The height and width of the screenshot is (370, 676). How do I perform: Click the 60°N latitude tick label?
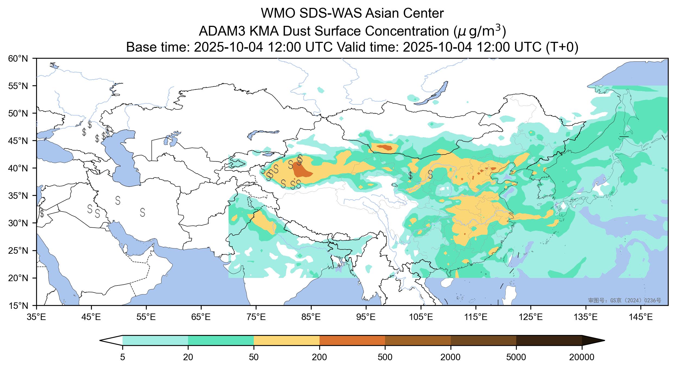tap(20, 58)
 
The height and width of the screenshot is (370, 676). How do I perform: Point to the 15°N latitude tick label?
tap(20, 306)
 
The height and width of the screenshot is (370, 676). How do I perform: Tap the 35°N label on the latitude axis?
tap(20, 196)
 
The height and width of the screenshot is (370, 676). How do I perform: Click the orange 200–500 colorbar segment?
tap(352, 340)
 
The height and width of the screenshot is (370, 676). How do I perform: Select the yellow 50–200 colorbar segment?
tap(286, 340)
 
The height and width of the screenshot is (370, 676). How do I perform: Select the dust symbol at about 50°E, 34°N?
tap(118, 200)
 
